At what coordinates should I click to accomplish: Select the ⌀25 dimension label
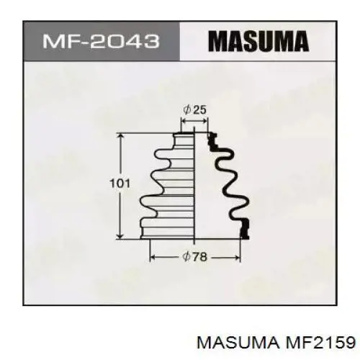tap(195, 109)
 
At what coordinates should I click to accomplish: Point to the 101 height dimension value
tap(120, 184)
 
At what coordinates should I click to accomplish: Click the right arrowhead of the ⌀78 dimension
tap(237, 257)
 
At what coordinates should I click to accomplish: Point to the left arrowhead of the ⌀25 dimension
tap(181, 122)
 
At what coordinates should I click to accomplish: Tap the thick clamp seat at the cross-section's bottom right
tap(245, 228)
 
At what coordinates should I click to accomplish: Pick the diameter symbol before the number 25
tap(187, 109)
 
